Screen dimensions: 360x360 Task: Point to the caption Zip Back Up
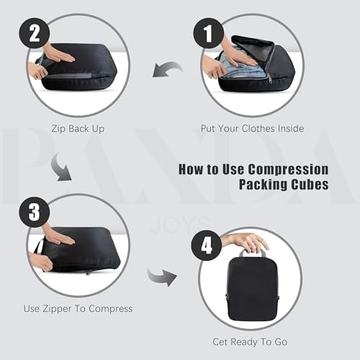click(78, 129)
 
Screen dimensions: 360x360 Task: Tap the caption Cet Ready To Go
click(251, 341)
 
